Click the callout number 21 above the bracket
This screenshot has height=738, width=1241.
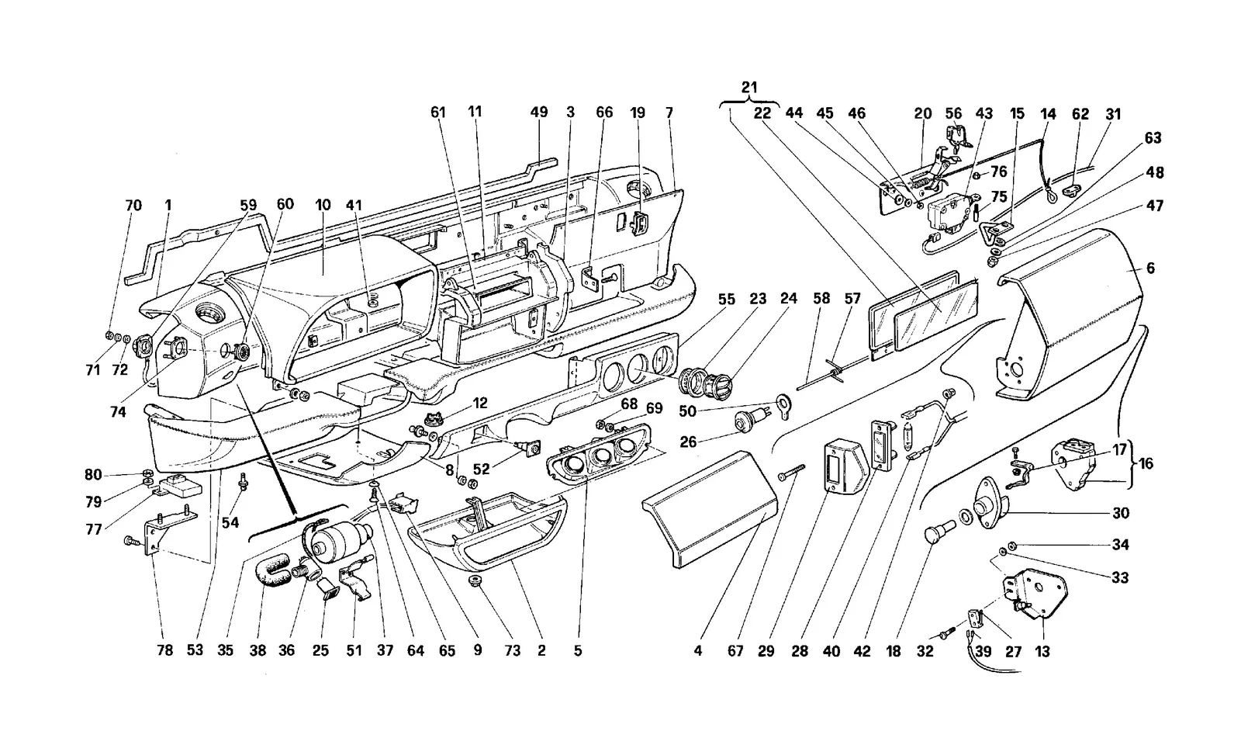[748, 87]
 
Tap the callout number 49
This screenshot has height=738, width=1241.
[538, 112]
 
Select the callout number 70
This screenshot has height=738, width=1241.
[133, 205]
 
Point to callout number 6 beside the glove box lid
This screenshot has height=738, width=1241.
[1150, 269]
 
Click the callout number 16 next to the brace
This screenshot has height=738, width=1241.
[1146, 463]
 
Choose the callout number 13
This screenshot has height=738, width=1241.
[1042, 652]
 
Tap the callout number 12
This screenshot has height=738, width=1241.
[480, 403]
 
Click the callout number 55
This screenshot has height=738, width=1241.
[726, 300]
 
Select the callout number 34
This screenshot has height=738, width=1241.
[1120, 545]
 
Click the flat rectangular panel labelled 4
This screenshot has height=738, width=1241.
[710, 508]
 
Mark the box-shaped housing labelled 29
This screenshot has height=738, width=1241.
[842, 473]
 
